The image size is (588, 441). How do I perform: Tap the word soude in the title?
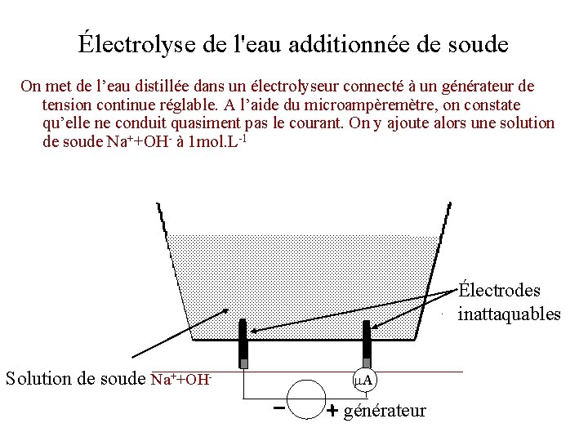(x=477, y=43)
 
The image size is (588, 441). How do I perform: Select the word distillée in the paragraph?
(x=179, y=86)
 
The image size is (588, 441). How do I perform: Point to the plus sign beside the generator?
(x=332, y=412)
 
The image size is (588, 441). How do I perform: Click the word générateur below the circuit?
(x=385, y=410)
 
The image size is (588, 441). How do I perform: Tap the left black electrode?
(x=243, y=344)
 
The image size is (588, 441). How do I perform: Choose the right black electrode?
(x=367, y=344)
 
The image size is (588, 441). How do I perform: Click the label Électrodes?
(x=499, y=291)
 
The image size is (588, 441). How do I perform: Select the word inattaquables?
(x=510, y=314)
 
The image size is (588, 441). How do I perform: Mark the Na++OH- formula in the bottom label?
(x=182, y=379)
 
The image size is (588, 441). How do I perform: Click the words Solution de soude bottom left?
(x=76, y=379)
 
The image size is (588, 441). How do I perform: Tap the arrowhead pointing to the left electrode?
(x=252, y=331)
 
